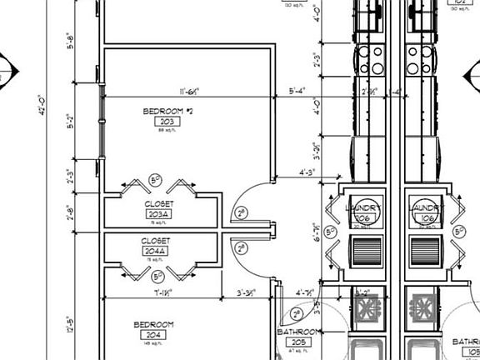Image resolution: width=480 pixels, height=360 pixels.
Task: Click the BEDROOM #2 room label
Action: point(168,111)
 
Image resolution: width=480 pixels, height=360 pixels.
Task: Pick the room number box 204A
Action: point(157,251)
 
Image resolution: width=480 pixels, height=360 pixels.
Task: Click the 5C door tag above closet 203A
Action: point(155,179)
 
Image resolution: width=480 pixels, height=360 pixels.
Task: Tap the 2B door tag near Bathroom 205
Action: point(297,314)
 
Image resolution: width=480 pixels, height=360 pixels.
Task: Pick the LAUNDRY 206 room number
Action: point(362,218)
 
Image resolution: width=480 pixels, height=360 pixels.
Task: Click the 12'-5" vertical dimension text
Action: point(70,327)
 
